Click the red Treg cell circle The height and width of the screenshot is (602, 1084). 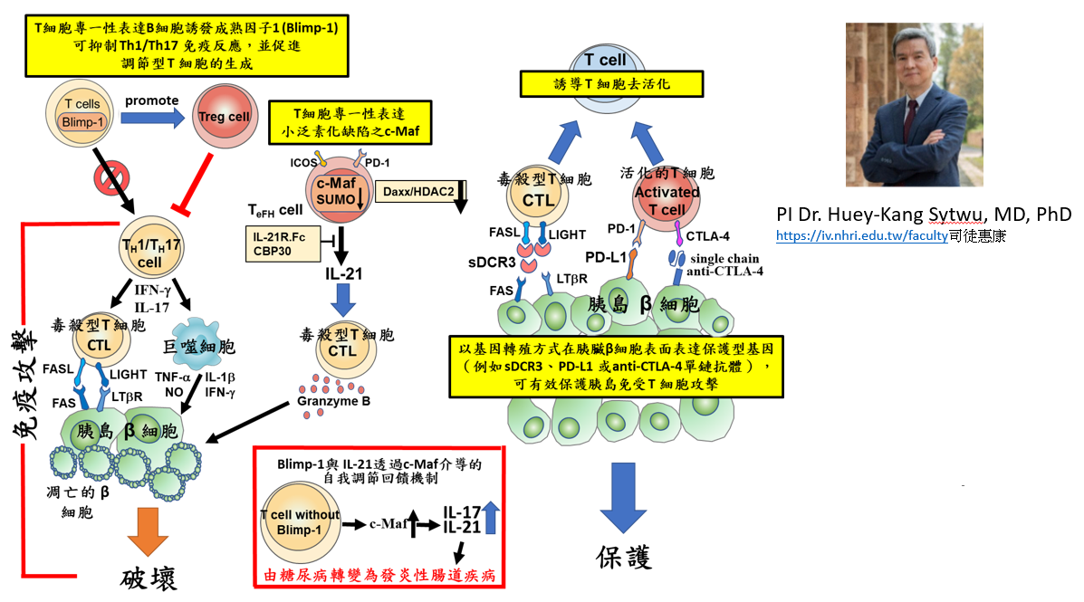(225, 118)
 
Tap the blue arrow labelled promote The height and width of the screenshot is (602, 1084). (152, 118)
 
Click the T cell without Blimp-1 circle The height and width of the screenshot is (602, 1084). (300, 521)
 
